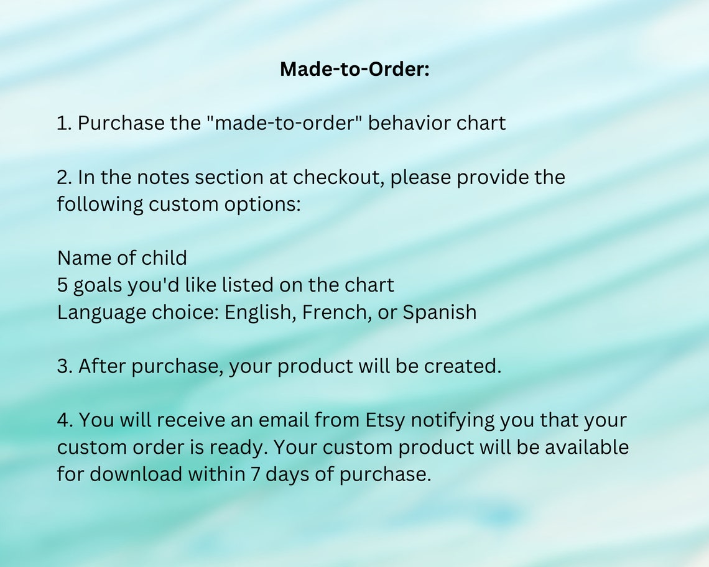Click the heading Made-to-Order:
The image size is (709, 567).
[354, 69]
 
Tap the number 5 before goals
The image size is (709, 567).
[63, 285]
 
